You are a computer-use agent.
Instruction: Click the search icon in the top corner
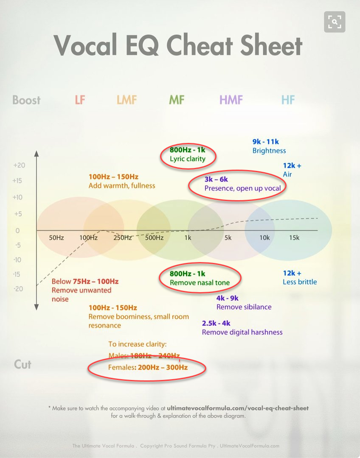335,22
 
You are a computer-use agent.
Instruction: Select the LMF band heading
127,100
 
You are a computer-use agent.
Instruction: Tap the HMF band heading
231,100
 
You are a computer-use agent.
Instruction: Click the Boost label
26,100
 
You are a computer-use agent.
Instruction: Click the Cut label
22,364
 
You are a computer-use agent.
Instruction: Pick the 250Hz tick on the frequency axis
122,238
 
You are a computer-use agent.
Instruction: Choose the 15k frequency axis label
294,238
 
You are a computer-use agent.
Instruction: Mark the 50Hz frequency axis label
56,238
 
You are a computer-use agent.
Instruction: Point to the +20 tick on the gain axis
19,165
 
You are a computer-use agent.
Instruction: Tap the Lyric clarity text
188,159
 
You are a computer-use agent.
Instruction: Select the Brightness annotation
269,151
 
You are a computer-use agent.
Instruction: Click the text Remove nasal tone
200,283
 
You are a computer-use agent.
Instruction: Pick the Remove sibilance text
244,307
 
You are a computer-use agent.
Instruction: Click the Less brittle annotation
300,282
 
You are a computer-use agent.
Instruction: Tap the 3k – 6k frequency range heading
216,179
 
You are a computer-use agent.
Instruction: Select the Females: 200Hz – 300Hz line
148,367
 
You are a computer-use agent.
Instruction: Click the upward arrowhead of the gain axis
37,154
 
